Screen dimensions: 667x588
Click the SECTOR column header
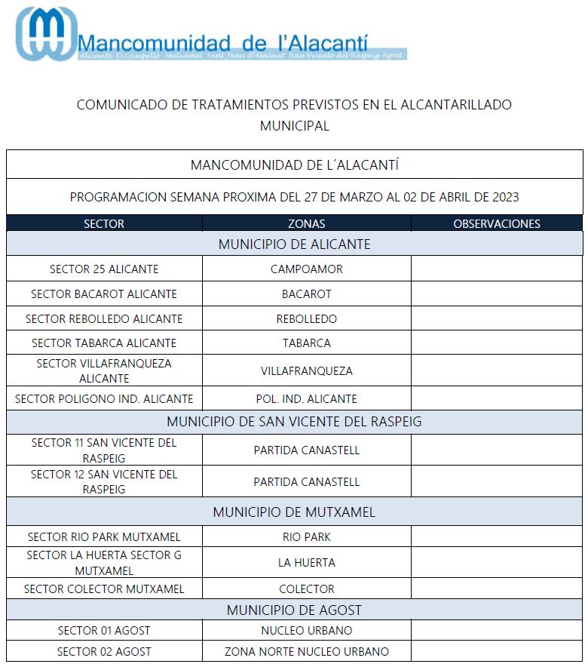pos(104,223)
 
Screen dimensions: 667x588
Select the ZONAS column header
pos(307,223)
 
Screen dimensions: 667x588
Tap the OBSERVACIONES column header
pos(497,223)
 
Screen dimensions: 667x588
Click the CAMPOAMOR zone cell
pos(307,269)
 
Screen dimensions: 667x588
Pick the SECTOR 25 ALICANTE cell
pos(104,269)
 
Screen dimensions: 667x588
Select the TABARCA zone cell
pos(307,343)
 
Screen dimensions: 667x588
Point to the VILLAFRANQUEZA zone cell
pos(307,370)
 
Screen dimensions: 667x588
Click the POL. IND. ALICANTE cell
pos(307,398)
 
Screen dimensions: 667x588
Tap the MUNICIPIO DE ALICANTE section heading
pos(294,244)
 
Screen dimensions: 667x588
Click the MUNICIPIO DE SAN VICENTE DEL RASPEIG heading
pos(294,422)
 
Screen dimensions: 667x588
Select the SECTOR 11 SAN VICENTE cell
pos(104,450)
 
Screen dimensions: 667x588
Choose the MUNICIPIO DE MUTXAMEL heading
pos(294,512)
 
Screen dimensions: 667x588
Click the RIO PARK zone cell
pos(307,537)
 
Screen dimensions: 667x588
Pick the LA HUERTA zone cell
pos(307,563)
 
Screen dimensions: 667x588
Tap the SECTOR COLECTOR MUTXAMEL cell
pos(104,589)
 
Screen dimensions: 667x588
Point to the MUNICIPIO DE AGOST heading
pos(294,610)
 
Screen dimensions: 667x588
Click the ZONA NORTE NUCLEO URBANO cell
pos(307,651)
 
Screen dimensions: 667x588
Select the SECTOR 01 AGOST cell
pos(104,630)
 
